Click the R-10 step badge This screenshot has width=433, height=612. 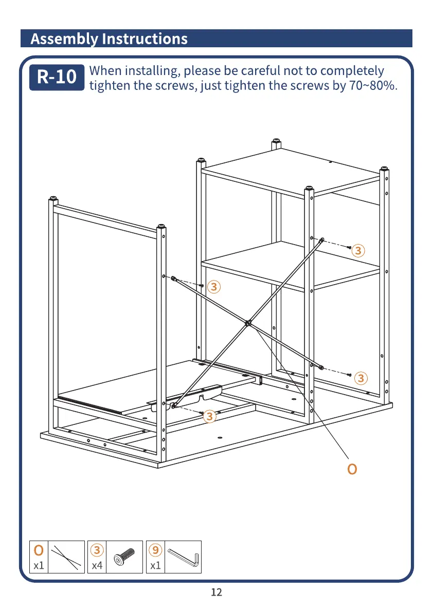pyautogui.click(x=57, y=77)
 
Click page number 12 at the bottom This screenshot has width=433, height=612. pyautogui.click(x=217, y=592)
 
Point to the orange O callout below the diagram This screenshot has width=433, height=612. pyautogui.click(x=352, y=469)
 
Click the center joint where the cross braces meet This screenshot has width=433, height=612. pyautogui.click(x=248, y=323)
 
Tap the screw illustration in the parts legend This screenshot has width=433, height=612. pyautogui.click(x=124, y=557)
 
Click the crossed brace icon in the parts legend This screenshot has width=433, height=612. pyautogui.click(x=67, y=557)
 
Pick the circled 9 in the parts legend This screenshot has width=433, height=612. pyautogui.click(x=155, y=550)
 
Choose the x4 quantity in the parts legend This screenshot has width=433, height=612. pyautogui.click(x=97, y=566)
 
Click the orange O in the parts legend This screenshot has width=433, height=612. pyautogui.click(x=39, y=550)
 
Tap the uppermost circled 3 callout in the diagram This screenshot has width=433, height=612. pyautogui.click(x=358, y=251)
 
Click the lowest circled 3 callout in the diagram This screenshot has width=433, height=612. pyautogui.click(x=209, y=417)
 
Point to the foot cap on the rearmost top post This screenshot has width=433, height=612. pyautogui.click(x=276, y=140)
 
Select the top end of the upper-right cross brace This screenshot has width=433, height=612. pyautogui.click(x=322, y=239)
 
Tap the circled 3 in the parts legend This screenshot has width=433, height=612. pyautogui.click(x=97, y=550)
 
